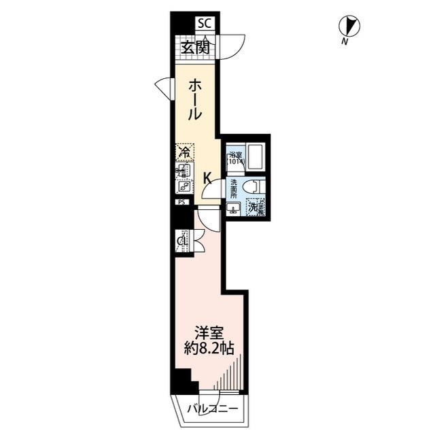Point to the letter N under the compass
click(345, 43)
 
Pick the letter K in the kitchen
click(209, 178)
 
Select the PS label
click(181, 202)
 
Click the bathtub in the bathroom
click(255, 158)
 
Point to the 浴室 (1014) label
click(235, 158)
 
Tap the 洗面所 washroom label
click(233, 188)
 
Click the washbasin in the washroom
click(233, 208)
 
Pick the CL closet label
click(183, 241)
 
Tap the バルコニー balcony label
click(213, 409)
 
